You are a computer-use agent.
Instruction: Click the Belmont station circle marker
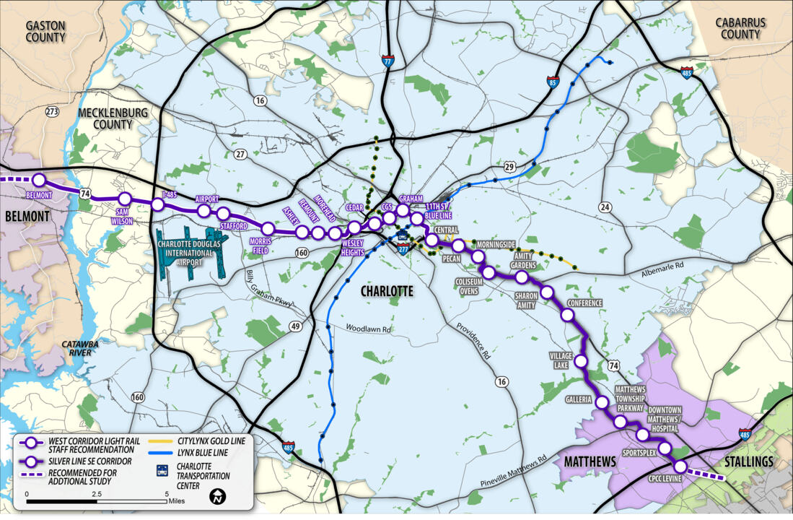39,180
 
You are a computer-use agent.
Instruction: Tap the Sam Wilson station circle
124,199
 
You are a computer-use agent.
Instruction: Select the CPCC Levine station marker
680,467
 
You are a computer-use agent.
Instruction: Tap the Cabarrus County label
740,28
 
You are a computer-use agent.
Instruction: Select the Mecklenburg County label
113,118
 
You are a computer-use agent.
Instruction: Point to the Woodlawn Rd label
367,329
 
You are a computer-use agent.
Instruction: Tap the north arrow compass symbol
217,497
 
